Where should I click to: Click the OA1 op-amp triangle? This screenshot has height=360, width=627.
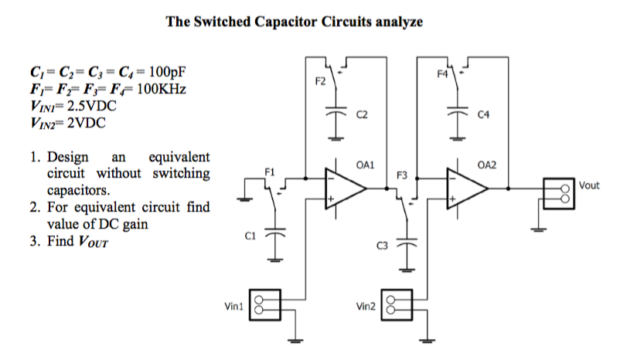click(345, 187)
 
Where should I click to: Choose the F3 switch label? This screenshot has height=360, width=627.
click(402, 175)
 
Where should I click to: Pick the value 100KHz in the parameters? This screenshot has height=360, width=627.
click(161, 90)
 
